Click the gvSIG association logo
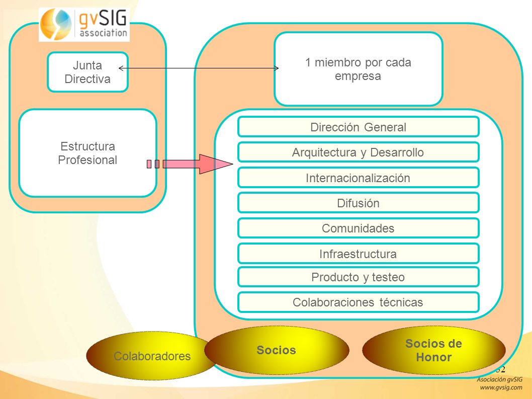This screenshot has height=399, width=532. (84, 25)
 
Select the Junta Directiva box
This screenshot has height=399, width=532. (87, 72)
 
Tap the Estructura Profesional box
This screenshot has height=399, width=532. (87, 153)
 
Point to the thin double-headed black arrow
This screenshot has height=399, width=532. (199, 68)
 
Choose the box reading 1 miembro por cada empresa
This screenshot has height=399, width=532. (359, 69)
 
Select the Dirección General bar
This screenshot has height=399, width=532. (359, 127)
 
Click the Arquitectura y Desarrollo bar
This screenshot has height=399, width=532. (359, 152)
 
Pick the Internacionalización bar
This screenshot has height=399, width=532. (359, 178)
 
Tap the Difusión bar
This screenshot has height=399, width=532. (359, 203)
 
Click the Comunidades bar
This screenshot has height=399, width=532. (359, 228)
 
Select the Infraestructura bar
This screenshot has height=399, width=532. (359, 254)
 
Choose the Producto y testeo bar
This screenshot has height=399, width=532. (359, 277)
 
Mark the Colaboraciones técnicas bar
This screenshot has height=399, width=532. (359, 302)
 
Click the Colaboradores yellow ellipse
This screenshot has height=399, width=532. (152, 356)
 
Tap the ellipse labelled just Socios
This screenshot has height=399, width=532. (277, 350)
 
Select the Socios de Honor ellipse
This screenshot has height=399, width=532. (434, 350)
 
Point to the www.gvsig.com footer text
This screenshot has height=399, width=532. (501, 387)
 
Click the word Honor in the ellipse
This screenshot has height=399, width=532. (434, 357)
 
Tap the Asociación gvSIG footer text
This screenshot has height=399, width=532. (499, 380)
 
